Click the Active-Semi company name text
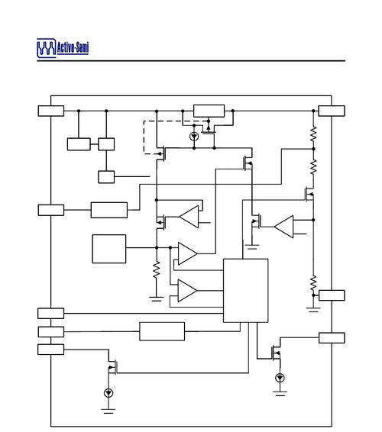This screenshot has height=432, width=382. (73, 47)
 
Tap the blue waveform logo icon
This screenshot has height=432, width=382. (47, 48)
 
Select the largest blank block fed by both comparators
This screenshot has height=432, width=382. (245, 290)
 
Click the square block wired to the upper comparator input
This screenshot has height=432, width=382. (109, 249)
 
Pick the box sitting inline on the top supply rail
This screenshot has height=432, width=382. (209, 111)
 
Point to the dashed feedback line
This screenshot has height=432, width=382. (144, 137)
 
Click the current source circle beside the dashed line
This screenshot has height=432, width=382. (194, 136)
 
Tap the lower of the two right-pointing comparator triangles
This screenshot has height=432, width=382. (187, 291)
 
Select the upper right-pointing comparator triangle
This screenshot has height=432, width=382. (187, 253)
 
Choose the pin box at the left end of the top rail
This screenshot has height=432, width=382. (51, 111)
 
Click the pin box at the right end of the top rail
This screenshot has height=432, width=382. (332, 111)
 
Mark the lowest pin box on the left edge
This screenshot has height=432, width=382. (50, 350)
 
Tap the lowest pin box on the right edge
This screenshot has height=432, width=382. (332, 338)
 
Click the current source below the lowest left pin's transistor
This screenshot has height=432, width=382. (108, 393)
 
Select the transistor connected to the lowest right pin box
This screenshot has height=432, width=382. (277, 353)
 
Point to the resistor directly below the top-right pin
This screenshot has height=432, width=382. (313, 134)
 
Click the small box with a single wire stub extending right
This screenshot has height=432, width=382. (106, 177)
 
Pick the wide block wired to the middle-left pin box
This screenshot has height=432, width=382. (109, 210)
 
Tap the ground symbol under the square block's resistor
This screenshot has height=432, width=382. (157, 298)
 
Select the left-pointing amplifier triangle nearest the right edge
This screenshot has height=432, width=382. (283, 227)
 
